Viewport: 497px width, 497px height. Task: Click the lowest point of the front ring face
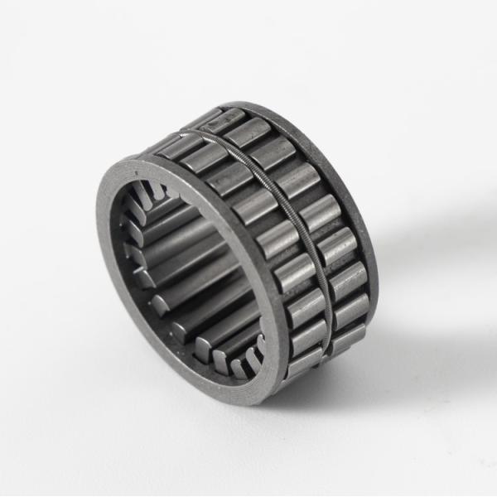(x=248, y=403)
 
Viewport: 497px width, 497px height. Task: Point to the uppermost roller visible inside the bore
(x=157, y=195)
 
